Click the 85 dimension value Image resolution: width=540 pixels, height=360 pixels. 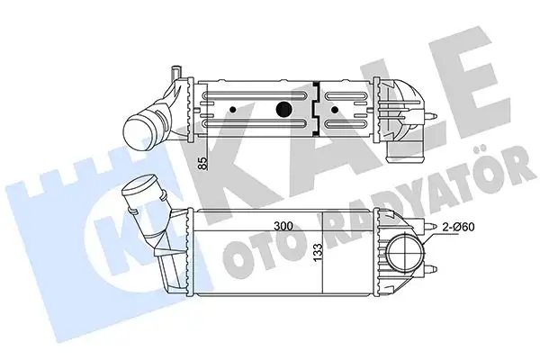(204, 164)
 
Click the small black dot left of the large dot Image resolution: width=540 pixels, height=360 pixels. (233, 111)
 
